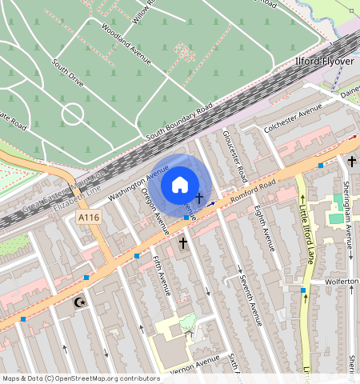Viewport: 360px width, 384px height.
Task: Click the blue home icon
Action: tap(180, 185)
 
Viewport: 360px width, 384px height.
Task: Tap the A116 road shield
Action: tap(88, 218)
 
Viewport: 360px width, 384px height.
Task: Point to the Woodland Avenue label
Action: tap(126, 42)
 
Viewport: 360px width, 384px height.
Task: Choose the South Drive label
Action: tap(67, 73)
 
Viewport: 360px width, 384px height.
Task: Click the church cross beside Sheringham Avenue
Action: tap(351, 162)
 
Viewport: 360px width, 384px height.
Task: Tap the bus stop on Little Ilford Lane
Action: tap(303, 290)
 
